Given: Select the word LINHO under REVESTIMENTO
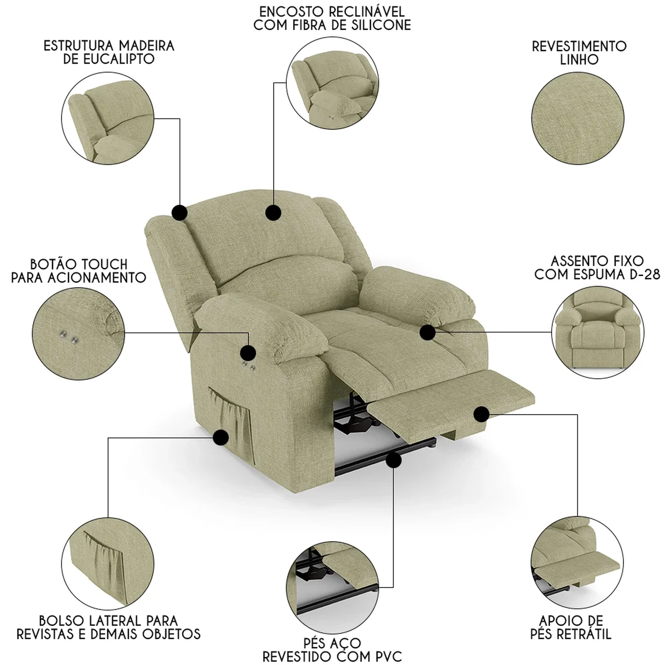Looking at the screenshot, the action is (x=579, y=60).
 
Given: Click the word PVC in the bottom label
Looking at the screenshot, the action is (x=386, y=656).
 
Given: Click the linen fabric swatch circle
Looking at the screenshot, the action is (x=578, y=118).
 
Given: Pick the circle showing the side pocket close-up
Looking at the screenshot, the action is (x=108, y=564).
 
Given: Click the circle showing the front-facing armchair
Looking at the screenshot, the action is (x=598, y=332).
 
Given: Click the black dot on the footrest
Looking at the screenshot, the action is (x=481, y=414).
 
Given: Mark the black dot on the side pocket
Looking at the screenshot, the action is (x=220, y=438).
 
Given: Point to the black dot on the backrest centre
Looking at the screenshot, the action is (x=273, y=213).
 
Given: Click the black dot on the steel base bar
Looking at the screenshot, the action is (x=393, y=461).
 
